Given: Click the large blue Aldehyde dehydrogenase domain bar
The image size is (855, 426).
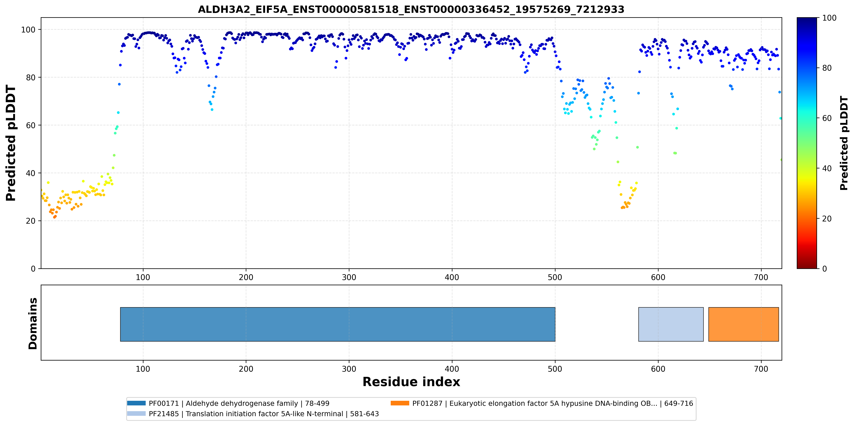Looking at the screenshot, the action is coord(338,324).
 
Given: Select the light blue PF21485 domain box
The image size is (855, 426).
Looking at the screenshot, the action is coord(671,324).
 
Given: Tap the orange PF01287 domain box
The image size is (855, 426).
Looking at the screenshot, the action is coord(743,324).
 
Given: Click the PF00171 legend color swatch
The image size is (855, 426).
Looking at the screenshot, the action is coord(136,403).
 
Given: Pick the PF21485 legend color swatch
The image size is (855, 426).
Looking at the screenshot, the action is coord(136,413).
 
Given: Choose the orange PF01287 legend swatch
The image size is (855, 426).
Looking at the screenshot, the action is coord(400,403).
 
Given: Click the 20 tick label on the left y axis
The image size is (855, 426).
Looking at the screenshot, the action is coord(31,221).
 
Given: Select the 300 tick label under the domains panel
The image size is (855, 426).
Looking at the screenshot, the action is coord(349,369).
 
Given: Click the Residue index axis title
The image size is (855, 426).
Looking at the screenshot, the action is coord(411,382).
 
